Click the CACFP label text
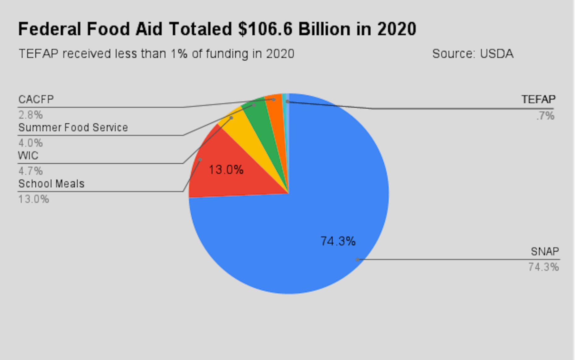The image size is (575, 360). [x=36, y=100]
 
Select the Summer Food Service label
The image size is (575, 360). [x=73, y=127]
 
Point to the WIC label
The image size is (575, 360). [x=28, y=156]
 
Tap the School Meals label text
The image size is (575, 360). [x=51, y=184]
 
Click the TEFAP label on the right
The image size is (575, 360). [x=538, y=100]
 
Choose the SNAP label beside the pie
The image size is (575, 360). [x=545, y=251]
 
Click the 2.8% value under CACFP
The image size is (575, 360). [x=30, y=115]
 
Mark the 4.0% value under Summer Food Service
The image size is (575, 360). [x=30, y=143]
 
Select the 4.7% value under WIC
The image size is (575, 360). [x=30, y=171]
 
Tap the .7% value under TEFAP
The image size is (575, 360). [x=545, y=116]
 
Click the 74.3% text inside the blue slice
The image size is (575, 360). [x=338, y=241]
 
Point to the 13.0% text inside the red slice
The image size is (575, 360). [x=226, y=169]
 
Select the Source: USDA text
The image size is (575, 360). [x=472, y=54]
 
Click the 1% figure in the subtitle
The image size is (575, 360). [x=179, y=54]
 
